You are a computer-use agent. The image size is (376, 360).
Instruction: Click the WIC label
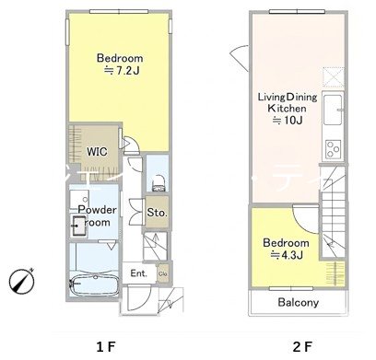point(97,152)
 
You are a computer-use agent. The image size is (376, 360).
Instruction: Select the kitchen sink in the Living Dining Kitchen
point(333,110)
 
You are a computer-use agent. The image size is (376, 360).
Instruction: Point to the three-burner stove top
point(334,149)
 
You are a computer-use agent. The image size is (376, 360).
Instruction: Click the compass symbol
point(21,281)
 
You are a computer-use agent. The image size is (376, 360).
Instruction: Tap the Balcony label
point(299,303)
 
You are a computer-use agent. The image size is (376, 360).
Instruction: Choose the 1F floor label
point(106,347)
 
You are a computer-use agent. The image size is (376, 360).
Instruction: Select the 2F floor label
point(302,347)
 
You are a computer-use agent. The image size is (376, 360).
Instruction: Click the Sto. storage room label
point(157,213)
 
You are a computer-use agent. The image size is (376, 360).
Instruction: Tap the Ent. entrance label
point(138,273)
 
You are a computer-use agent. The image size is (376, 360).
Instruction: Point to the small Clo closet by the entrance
point(163,273)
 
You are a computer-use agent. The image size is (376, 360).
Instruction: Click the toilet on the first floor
point(159,183)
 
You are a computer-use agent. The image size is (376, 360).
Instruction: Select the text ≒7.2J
point(122,71)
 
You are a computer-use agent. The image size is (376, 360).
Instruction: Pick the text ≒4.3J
point(287,255)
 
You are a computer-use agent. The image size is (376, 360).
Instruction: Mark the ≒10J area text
point(288,121)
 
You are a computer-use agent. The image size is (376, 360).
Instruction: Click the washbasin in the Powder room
point(78,226)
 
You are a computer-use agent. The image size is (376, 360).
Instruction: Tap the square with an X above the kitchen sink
point(333,78)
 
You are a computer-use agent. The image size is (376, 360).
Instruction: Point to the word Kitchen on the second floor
point(287,109)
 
